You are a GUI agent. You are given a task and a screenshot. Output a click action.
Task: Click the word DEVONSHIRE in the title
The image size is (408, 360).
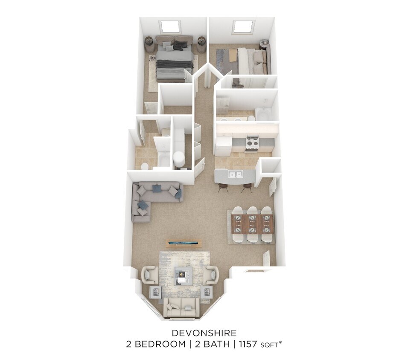click(x=204, y=332)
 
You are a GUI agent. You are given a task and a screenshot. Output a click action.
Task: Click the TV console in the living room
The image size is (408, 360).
click(x=184, y=244)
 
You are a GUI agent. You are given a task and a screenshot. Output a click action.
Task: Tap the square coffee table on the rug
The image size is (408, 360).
click(x=184, y=275)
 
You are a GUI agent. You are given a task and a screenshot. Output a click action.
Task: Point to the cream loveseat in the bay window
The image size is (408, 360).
click(x=181, y=307)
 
